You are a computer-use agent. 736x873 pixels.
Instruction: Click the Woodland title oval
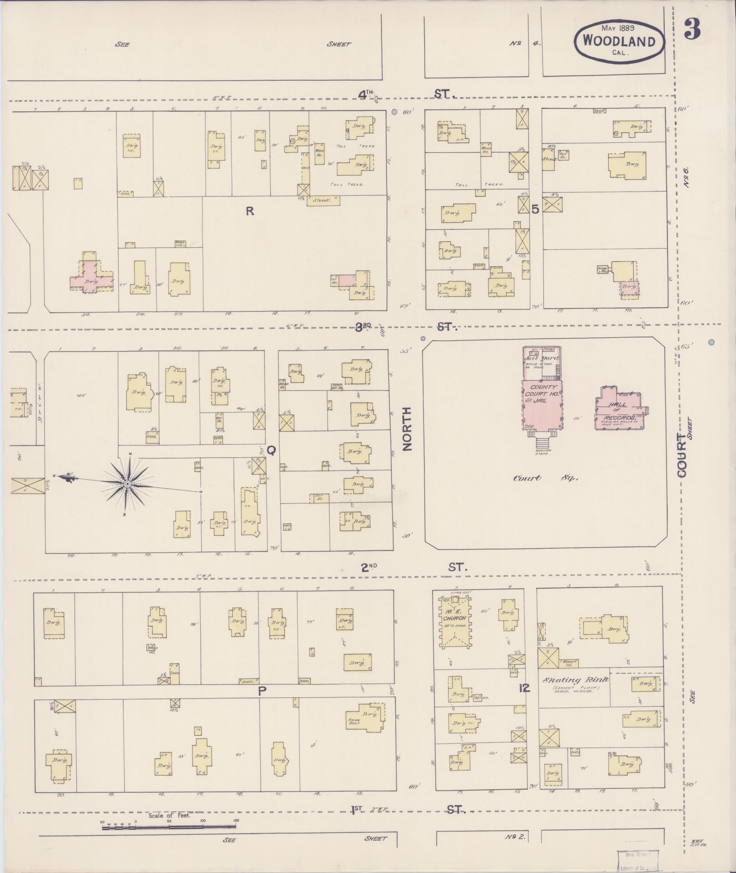pyautogui.click(x=619, y=41)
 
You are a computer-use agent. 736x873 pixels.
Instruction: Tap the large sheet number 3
pyautogui.click(x=692, y=30)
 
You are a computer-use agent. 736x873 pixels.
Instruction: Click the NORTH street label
pyautogui.click(x=407, y=429)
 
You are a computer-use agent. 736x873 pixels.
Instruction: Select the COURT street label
pyautogui.click(x=683, y=456)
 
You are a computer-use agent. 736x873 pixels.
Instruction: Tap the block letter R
pyautogui.click(x=250, y=211)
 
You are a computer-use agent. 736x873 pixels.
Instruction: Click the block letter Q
pyautogui.click(x=271, y=451)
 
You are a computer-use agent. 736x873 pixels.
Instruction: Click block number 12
pyautogui.click(x=524, y=688)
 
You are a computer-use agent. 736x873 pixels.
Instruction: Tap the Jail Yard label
pyautogui.click(x=542, y=359)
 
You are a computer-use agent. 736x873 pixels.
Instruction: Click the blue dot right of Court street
pyautogui.click(x=711, y=342)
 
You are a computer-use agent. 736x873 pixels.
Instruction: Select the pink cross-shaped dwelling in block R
pyautogui.click(x=91, y=278)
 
